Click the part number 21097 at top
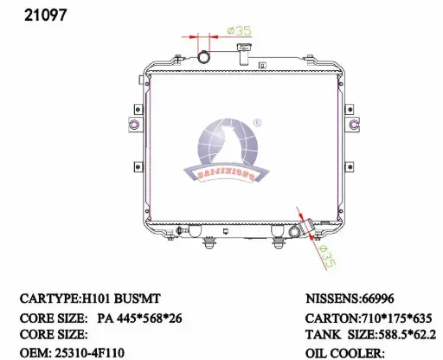click(46, 16)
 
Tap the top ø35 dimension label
click(239, 30)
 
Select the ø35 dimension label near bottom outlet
click(326, 256)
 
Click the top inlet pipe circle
click(204, 57)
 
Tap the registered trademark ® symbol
click(257, 123)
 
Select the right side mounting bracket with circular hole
click(353, 125)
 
